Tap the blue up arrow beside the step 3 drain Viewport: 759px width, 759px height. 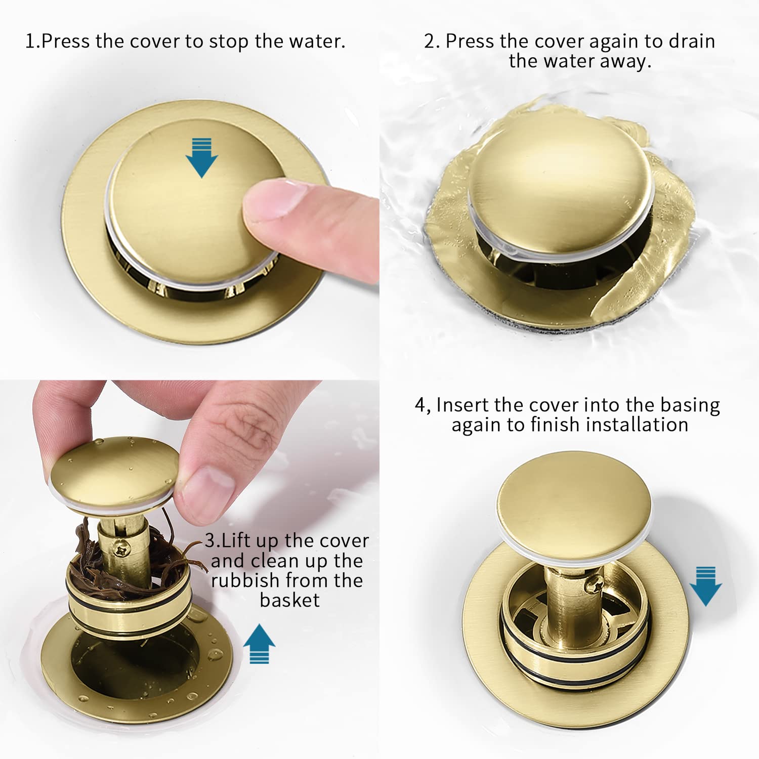tap(259, 644)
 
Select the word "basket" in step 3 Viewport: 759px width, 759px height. tap(289, 600)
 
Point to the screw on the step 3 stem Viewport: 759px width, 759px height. tap(123, 548)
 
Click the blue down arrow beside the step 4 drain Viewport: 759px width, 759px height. tap(705, 586)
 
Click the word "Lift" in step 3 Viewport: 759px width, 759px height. tap(236, 541)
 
